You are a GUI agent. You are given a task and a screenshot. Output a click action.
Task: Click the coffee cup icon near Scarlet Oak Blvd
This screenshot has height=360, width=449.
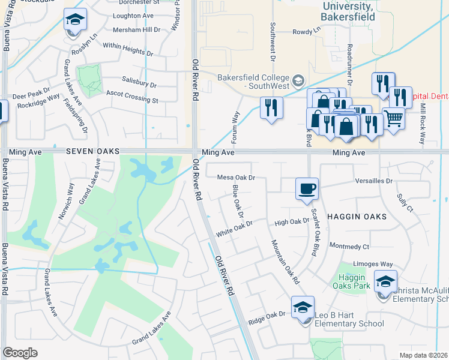306,188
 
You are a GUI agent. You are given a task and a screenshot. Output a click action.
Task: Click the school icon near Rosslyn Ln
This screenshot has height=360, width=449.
75,22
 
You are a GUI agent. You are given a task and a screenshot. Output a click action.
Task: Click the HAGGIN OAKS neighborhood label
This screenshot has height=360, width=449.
357,215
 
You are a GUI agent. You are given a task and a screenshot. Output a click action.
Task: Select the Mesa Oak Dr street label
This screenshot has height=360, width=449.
237,178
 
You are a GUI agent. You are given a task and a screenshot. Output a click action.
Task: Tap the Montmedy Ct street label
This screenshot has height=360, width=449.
349,246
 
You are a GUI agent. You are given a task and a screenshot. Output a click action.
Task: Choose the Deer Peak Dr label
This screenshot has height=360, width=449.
31,95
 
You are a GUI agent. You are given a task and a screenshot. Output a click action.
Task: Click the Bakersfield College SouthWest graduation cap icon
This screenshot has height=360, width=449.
298,80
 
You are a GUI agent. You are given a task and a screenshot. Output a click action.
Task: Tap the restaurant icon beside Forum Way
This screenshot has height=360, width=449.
271,108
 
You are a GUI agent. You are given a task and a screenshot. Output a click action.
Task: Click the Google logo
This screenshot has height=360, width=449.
20,352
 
